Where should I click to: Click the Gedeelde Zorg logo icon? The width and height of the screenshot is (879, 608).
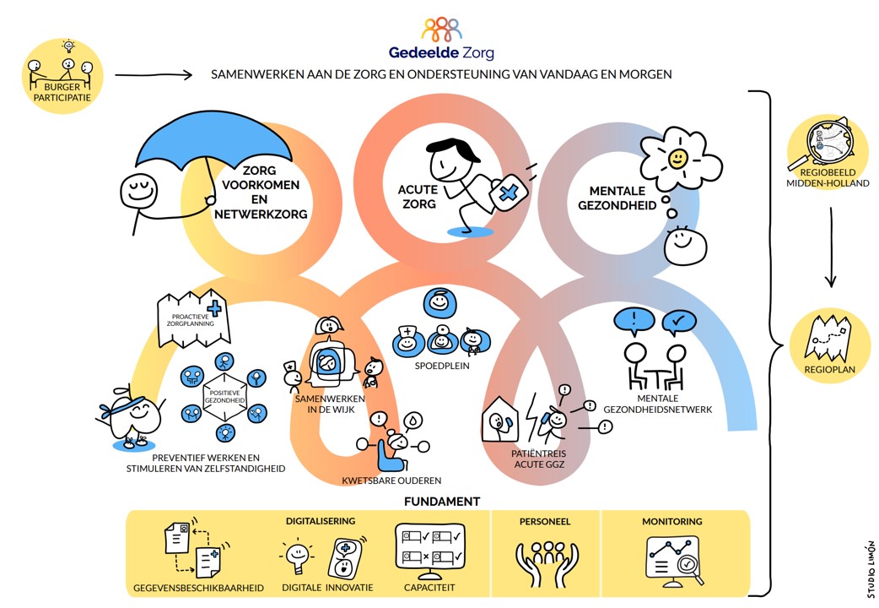pos(441,30)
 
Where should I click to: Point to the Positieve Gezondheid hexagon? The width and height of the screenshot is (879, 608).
pos(224,396)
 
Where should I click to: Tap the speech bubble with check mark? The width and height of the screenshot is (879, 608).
pos(679,321)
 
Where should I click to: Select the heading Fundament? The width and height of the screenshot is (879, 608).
pos(441,502)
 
